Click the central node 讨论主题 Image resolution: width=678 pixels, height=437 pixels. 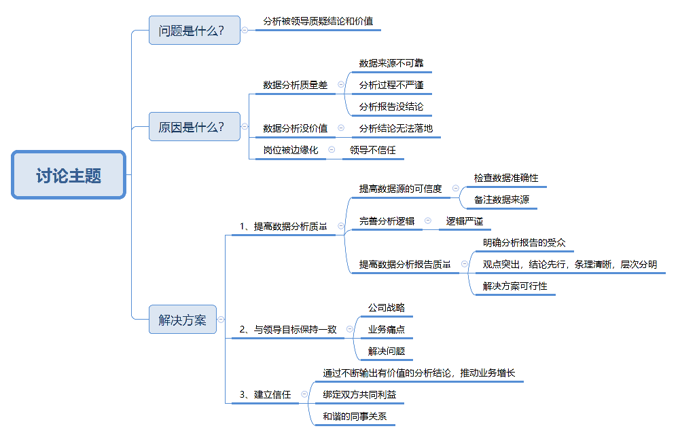click(x=69, y=175)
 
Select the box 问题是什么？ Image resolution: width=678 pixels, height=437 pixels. click(x=194, y=31)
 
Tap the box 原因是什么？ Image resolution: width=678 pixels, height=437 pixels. click(x=194, y=127)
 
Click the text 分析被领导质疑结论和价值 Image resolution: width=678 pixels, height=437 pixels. click(x=318, y=21)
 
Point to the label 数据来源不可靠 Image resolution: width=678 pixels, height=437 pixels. click(x=391, y=63)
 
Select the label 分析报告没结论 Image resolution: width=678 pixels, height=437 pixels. click(x=391, y=107)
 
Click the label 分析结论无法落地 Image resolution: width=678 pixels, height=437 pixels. click(x=395, y=128)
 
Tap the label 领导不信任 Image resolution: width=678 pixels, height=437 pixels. click(x=372, y=150)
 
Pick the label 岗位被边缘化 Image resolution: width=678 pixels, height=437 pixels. click(x=290, y=150)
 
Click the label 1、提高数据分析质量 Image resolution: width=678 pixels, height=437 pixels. click(x=283, y=227)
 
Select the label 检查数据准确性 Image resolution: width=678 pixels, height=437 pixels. click(x=506, y=178)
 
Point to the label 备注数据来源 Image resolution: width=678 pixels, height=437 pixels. click(x=501, y=199)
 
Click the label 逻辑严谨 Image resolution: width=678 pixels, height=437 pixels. click(x=464, y=221)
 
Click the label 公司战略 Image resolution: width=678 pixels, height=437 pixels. click(x=387, y=307)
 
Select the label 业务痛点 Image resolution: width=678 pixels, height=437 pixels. click(x=387, y=329)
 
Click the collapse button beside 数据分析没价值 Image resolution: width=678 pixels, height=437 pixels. click(x=340, y=128)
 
